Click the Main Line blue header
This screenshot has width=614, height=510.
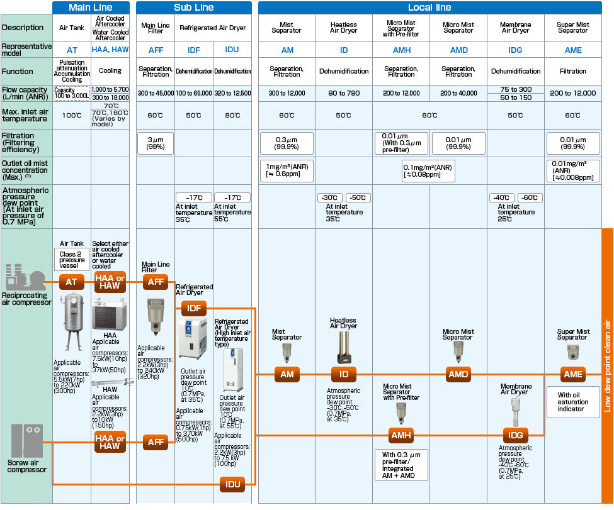91,8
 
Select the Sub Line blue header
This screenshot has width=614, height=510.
194,8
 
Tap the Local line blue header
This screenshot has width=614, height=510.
429,8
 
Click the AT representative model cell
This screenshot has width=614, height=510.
72,50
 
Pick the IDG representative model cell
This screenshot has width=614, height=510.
515,50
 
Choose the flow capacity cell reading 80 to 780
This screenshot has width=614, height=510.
344,93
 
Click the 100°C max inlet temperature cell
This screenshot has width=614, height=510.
72,115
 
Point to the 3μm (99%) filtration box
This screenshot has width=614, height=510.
156,143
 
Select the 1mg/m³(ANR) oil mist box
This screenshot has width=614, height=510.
287,170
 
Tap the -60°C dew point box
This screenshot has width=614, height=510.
530,197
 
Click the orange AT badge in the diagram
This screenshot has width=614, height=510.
71,282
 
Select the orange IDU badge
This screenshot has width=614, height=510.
232,484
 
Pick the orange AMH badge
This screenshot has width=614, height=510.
401,435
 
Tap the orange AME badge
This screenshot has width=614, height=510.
573,374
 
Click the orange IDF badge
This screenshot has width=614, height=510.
194,308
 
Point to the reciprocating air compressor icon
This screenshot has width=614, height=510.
25,277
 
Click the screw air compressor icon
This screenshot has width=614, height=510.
26,441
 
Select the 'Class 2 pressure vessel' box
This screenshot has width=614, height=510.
72,260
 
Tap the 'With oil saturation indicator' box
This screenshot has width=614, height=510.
573,402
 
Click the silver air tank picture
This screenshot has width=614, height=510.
73,322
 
